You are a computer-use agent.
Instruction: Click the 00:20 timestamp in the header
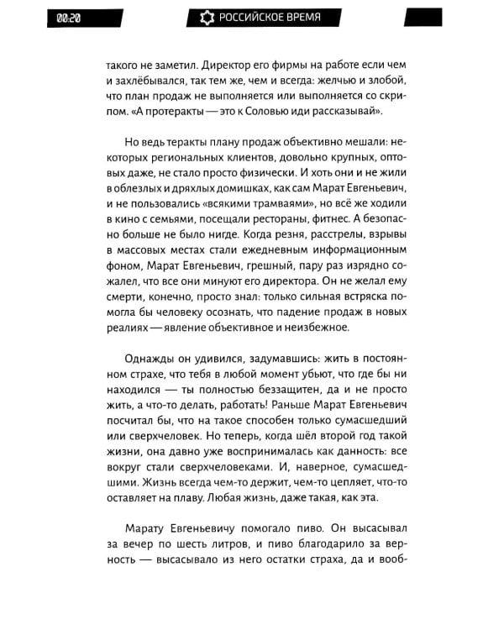tap(69, 17)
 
